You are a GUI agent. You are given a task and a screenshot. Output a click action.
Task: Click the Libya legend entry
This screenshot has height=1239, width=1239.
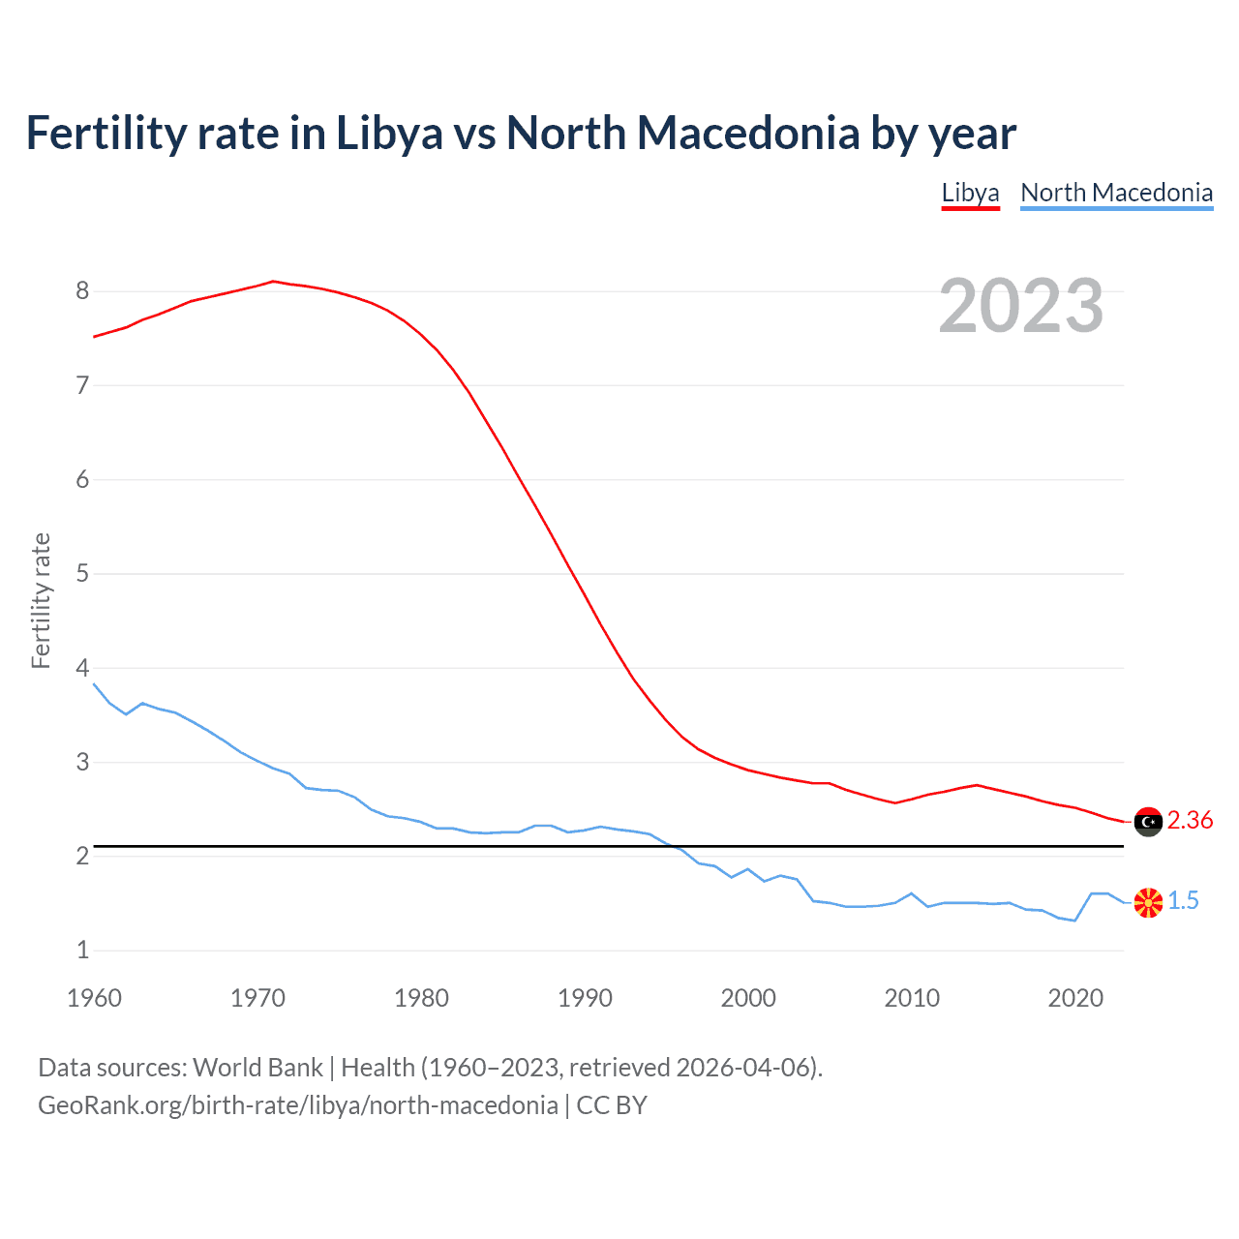970,193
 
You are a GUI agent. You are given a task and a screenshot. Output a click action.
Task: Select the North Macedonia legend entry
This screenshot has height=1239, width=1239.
1116,193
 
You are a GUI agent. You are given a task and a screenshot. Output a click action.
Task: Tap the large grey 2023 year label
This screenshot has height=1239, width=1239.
1021,306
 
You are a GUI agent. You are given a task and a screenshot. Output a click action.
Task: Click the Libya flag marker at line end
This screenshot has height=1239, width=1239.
1148,822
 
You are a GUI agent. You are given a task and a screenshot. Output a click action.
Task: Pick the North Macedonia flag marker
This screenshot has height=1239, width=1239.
1148,902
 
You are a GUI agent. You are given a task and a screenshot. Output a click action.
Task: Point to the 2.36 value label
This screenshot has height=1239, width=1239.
1190,821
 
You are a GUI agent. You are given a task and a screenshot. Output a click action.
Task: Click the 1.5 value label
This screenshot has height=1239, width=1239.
1183,901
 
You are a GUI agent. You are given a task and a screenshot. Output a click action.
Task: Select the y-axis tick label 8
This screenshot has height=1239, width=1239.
82,291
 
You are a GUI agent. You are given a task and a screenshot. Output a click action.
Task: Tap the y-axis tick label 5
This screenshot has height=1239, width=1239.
82,574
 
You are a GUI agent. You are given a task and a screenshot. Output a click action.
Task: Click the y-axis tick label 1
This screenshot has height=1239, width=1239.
82,951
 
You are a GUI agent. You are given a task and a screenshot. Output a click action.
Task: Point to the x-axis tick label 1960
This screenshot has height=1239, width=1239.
94,998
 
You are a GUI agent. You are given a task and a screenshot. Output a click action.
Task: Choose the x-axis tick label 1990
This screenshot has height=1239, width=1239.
585,998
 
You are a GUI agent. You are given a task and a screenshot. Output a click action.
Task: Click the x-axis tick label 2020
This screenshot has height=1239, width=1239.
1075,998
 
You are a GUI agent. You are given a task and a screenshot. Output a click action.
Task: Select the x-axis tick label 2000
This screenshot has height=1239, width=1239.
748,998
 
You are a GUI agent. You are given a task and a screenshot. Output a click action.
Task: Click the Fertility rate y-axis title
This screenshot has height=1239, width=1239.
41,600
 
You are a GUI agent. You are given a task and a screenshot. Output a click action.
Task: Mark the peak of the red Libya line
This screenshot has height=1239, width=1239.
273,281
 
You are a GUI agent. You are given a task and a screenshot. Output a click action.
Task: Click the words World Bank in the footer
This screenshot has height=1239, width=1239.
257,1068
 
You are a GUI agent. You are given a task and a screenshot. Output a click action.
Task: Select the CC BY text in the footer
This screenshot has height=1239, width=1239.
612,1105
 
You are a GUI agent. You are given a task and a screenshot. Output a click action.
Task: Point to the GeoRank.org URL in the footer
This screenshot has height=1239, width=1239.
298,1105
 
